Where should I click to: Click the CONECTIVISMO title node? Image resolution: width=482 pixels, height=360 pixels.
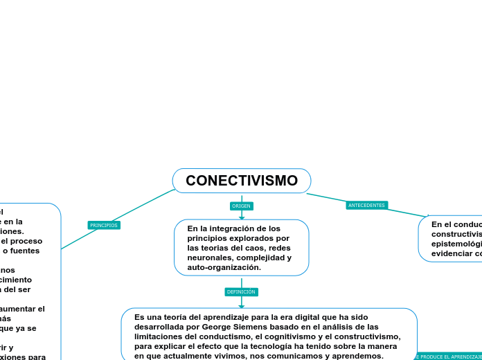tap(242, 181)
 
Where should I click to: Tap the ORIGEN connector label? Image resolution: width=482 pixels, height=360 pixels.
tap(241, 206)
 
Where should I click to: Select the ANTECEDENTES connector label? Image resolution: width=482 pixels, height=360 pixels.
tap(366, 206)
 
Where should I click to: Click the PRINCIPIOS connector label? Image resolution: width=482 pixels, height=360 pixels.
tap(104, 225)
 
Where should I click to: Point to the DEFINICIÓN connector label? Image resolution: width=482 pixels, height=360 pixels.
tap(241, 292)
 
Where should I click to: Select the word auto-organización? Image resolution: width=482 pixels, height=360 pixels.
tap(224, 267)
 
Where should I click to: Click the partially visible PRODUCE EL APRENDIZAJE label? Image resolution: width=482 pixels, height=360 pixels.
tap(449, 357)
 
